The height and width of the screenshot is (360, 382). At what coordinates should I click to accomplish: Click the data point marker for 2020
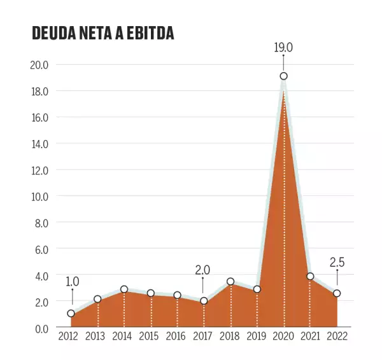click(283, 76)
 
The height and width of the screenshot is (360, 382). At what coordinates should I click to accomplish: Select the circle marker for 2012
click(71, 314)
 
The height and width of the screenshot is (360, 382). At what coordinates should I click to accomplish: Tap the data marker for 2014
click(124, 289)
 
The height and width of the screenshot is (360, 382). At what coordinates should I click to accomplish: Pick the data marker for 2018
click(230, 282)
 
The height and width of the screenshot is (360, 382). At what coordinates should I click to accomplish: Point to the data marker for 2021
click(310, 276)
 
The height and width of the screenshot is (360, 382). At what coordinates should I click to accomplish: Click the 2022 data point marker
click(337, 293)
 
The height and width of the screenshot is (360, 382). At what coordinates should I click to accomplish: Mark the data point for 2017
click(204, 301)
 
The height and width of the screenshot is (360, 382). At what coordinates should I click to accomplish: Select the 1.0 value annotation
click(72, 281)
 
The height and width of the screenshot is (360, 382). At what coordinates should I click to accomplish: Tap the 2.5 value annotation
click(337, 262)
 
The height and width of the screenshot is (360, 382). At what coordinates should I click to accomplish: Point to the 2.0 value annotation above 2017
click(202, 270)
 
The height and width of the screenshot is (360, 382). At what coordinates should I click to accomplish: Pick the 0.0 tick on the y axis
click(41, 328)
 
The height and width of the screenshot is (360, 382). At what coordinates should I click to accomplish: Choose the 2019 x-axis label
click(257, 336)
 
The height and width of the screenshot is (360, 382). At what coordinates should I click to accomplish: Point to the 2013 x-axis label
click(95, 336)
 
